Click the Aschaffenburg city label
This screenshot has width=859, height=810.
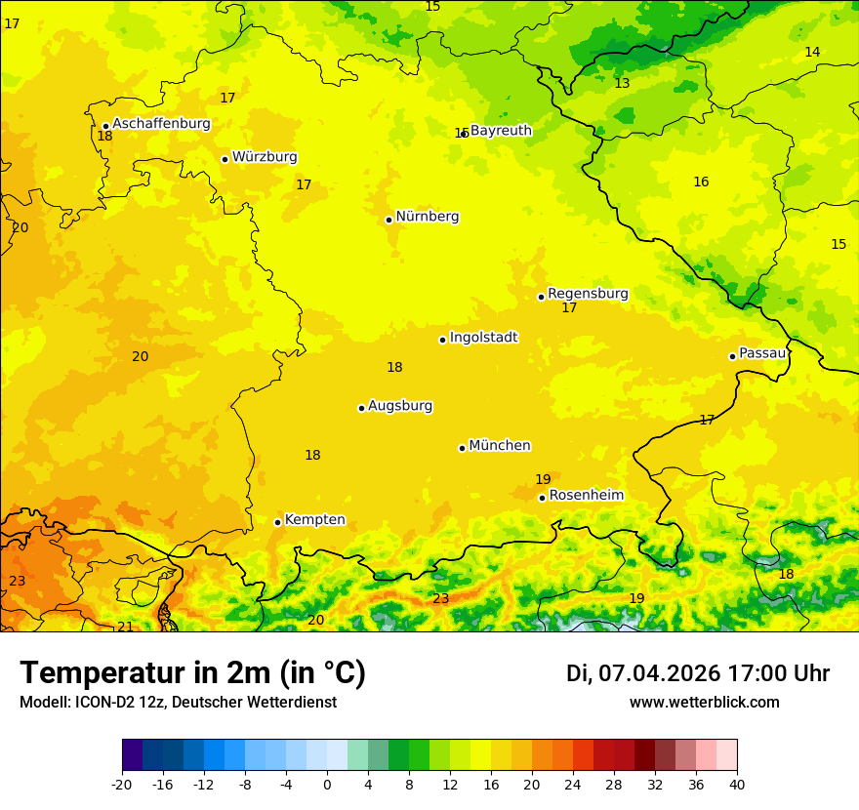[161, 124]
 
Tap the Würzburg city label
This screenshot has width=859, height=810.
[265, 157]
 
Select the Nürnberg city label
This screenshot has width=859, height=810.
[427, 217]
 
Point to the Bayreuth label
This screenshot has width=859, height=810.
[501, 131]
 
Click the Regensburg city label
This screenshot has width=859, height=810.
[588, 294]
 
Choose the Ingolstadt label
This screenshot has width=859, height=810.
[483, 338]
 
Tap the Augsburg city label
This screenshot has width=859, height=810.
[400, 406]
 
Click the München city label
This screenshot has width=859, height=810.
[500, 446]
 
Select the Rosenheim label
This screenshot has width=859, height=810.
[586, 496]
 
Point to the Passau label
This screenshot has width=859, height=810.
[762, 353]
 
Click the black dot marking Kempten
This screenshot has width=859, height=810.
[277, 522]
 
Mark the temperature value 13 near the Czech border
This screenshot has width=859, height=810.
[622, 84]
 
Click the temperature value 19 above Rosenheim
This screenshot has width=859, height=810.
[543, 479]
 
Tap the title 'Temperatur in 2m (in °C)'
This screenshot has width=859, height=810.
[192, 672]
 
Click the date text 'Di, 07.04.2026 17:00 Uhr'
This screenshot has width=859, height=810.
[698, 673]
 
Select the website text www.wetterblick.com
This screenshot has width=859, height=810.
[704, 703]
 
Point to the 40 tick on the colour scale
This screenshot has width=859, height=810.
[737, 784]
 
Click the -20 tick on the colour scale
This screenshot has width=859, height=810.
[122, 784]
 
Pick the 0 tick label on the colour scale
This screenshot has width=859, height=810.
[327, 784]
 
